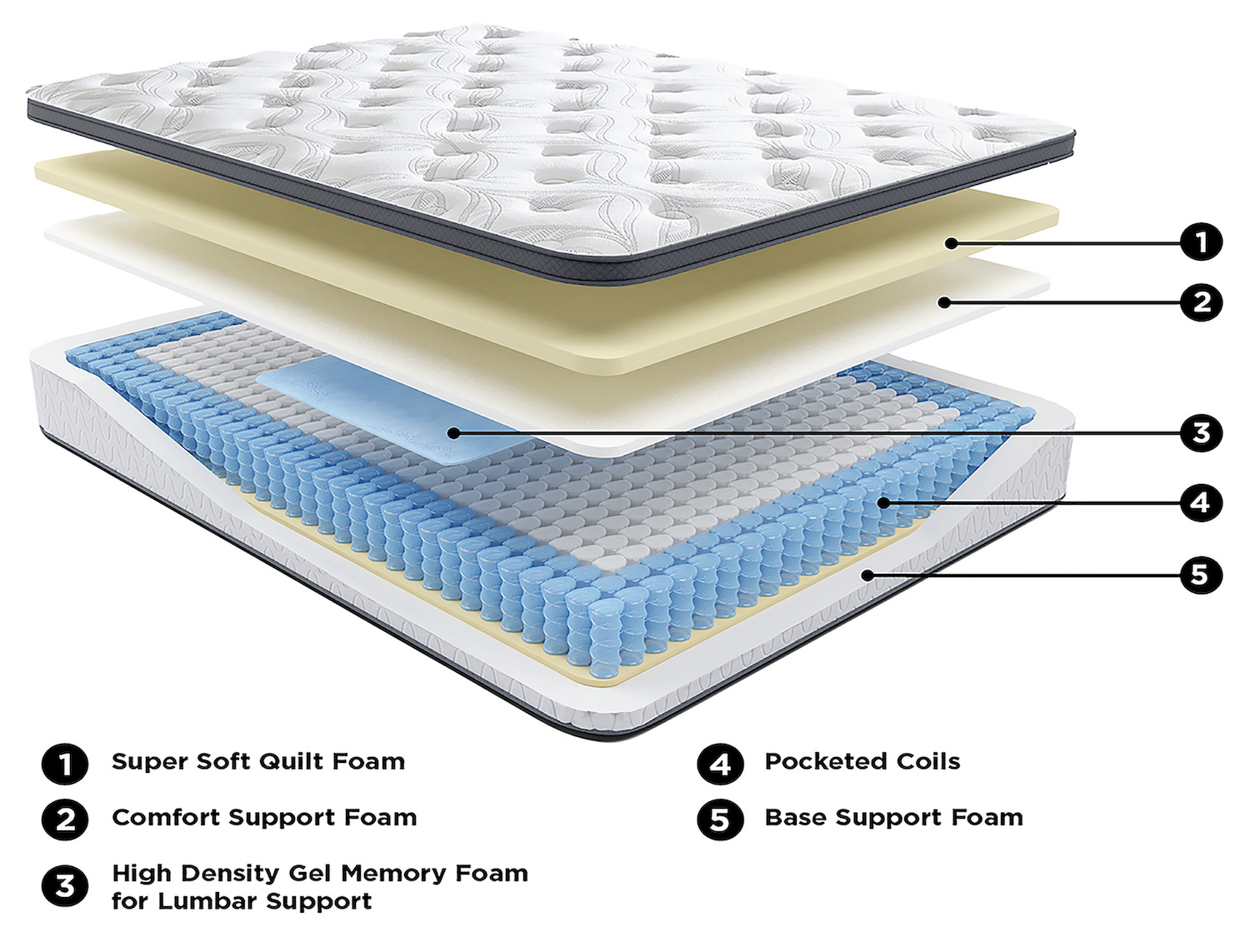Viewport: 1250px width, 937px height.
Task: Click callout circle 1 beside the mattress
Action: [x=1201, y=242]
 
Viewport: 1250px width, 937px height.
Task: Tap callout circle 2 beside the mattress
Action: [x=1201, y=302]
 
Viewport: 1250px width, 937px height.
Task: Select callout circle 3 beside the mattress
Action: [x=1201, y=432]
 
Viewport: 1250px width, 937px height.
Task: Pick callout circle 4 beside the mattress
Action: [x=1201, y=502]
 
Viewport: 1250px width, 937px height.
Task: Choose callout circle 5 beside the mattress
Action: [x=1201, y=575]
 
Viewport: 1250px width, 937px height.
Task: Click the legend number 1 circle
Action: [x=65, y=764]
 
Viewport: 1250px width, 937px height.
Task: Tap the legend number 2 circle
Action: [x=65, y=820]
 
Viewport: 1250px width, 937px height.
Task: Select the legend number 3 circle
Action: [x=65, y=886]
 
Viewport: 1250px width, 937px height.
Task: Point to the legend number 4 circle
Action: [x=720, y=764]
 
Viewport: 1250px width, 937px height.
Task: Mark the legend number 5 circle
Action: [x=720, y=820]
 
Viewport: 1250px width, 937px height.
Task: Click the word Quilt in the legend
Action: [x=292, y=761]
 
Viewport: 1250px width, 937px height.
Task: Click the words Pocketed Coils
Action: [x=862, y=761]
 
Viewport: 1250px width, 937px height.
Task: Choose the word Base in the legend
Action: [x=795, y=817]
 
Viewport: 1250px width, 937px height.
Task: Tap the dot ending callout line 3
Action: [x=452, y=433]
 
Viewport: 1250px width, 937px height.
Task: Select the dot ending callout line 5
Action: [x=867, y=576]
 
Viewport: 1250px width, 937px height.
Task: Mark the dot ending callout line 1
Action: [x=950, y=243]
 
